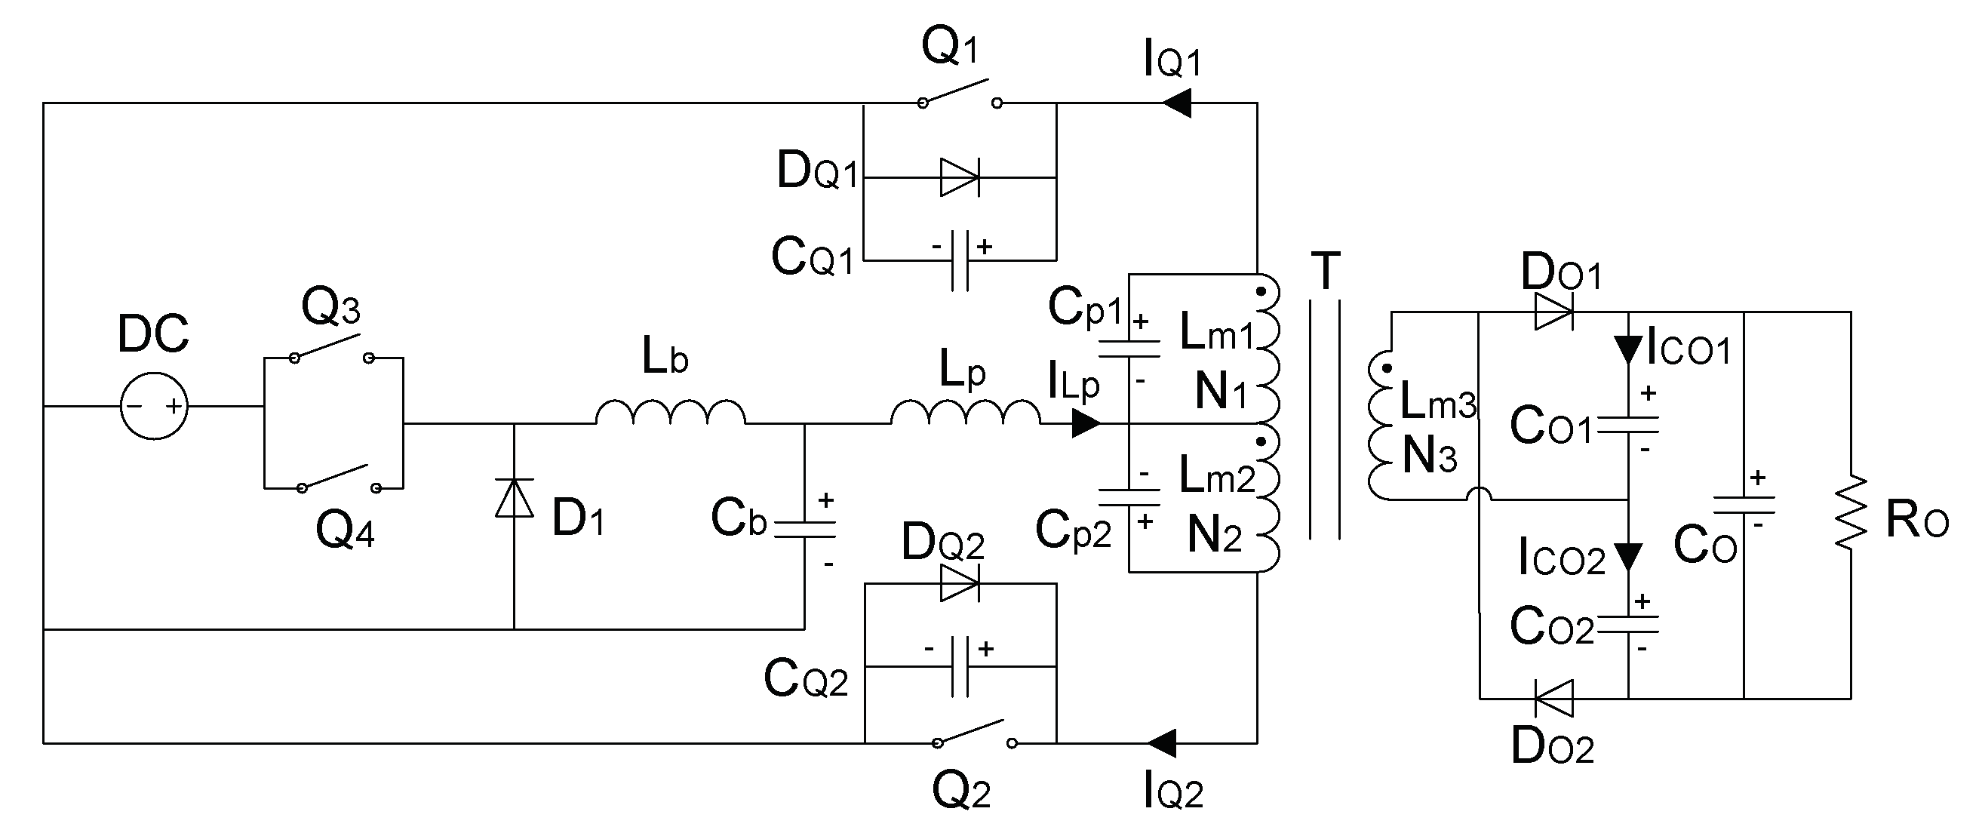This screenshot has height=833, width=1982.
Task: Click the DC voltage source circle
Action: tap(154, 406)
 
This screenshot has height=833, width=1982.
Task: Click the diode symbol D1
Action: tap(514, 499)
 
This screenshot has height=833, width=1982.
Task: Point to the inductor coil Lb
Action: tap(670, 413)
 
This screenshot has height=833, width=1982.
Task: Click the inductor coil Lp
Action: tap(965, 413)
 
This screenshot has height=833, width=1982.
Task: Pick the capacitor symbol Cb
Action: tap(805, 529)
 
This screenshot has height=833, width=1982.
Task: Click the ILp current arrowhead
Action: tap(1086, 423)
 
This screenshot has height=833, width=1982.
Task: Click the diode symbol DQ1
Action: tap(960, 177)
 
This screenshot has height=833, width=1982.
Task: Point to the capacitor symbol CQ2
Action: tap(960, 666)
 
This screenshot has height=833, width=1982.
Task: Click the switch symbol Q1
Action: tap(960, 94)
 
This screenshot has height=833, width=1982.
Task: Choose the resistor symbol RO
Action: tap(1851, 512)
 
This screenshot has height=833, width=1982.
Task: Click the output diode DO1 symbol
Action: tap(1553, 312)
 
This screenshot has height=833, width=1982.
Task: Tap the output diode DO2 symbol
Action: tap(1553, 699)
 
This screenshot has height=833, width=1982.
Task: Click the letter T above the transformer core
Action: tap(1325, 271)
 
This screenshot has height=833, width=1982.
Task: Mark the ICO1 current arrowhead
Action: tap(1628, 350)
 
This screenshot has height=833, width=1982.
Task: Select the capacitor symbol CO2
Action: tap(1628, 624)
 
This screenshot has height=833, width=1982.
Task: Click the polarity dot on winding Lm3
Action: tap(1386, 368)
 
